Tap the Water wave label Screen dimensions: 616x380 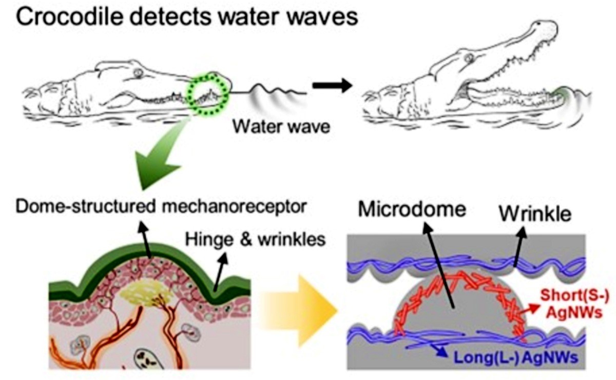point(281,127)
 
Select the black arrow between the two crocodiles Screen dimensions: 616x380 point(332,86)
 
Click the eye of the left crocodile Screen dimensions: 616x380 point(139,73)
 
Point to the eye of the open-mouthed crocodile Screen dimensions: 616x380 point(469,58)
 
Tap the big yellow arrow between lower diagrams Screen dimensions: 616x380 point(298,310)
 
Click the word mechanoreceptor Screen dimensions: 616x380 point(234,207)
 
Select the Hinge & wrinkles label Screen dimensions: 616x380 point(255,239)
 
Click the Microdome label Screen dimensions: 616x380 point(412,209)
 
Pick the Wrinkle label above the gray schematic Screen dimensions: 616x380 point(535,214)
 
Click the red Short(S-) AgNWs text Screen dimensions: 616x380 point(574,304)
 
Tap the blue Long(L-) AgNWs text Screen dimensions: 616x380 point(515,357)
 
